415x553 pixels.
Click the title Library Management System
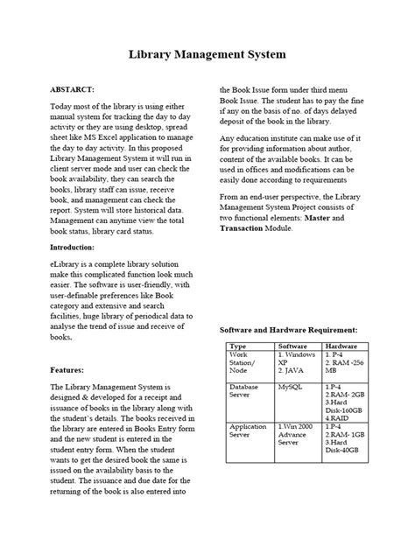point(207,55)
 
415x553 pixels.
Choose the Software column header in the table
point(292,346)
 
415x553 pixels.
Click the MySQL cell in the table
point(290,386)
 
